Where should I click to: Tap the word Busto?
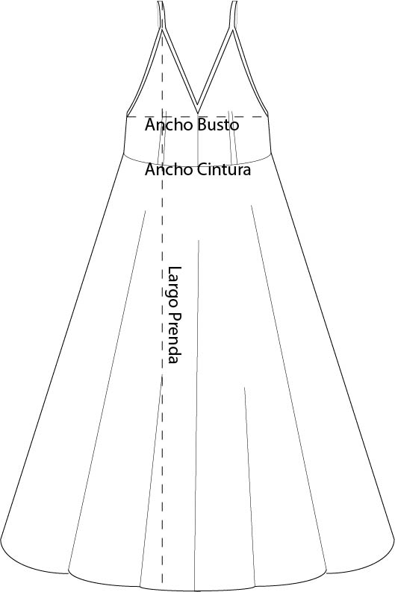tap(219, 125)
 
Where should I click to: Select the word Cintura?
tap(223, 169)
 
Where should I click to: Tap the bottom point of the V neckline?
tap(197, 112)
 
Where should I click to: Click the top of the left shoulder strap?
tap(160, 2)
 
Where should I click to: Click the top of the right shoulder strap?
tap(234, 2)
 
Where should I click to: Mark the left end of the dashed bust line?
tap(127, 116)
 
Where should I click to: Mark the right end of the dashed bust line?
tap(267, 116)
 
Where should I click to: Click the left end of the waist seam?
tap(124, 154)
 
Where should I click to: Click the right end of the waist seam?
tap(271, 154)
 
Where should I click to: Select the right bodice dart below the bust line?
tap(233, 138)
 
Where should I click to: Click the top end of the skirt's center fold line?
tap(199, 241)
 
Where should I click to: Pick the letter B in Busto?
tap(202, 125)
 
